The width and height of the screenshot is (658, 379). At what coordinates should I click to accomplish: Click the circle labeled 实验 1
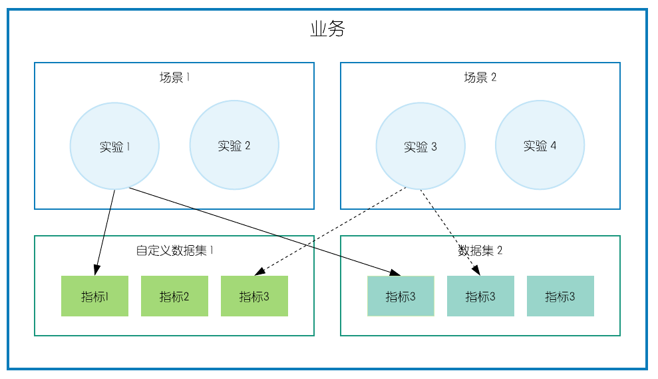[x=114, y=145]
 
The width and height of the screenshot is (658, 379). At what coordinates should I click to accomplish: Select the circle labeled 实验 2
[x=234, y=145]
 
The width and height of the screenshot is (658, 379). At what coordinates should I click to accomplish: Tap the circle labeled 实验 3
[x=420, y=145]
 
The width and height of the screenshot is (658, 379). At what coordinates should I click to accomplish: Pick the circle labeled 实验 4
[x=540, y=145]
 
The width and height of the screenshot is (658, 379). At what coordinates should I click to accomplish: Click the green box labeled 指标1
[x=94, y=296]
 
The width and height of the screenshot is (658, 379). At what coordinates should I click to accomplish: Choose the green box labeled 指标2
[x=174, y=296]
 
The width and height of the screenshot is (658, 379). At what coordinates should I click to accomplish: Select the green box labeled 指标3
[x=254, y=296]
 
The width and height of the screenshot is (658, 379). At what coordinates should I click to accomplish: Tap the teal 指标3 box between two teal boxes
[x=480, y=296]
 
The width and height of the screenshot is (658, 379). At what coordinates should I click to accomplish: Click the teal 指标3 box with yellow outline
[x=401, y=296]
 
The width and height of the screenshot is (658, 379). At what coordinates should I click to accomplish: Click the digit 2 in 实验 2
[x=247, y=146]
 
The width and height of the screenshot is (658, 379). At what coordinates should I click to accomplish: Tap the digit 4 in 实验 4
[x=554, y=146]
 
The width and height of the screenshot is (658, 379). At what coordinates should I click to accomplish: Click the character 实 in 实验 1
[x=106, y=147]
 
